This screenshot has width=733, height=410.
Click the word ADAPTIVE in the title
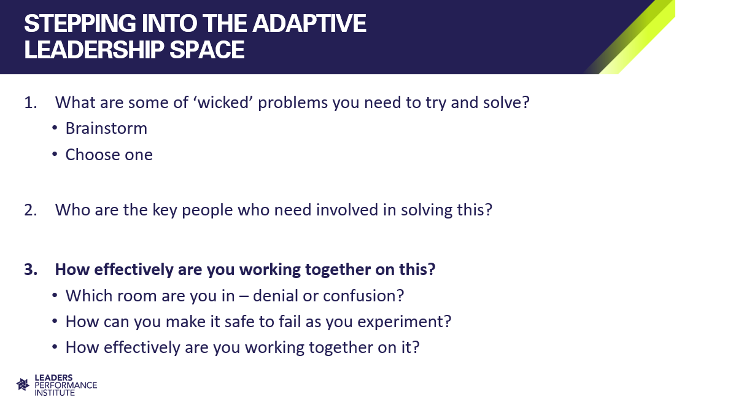pyautogui.click(x=309, y=23)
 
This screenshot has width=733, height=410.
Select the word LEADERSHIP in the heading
pyautogui.click(x=95, y=50)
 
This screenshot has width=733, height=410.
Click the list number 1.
pyautogui.click(x=30, y=102)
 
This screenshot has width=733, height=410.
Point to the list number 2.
pyautogui.click(x=30, y=210)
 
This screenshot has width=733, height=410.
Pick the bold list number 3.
pyautogui.click(x=31, y=269)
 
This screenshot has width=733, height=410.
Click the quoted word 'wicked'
pyautogui.click(x=223, y=102)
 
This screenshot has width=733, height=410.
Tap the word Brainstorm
pyautogui.click(x=106, y=128)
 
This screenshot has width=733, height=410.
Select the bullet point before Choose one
pyautogui.click(x=55, y=154)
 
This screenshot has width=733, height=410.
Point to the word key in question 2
pyautogui.click(x=165, y=211)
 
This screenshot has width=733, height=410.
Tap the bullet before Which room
pyautogui.click(x=55, y=295)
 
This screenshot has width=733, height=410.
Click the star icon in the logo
pyautogui.click(x=23, y=384)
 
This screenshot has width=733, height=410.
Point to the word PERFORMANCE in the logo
pyautogui.click(x=66, y=385)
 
